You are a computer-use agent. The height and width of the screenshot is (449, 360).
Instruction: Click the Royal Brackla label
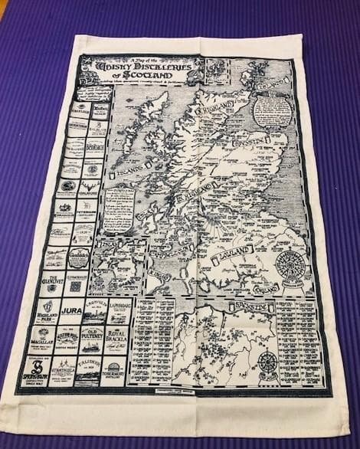coord(119,337)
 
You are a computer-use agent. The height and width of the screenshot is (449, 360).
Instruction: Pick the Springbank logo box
coord(37,371)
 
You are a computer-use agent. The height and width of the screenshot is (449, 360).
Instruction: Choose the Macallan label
coord(42,339)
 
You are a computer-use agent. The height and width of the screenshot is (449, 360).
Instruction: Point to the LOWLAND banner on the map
coord(234,257)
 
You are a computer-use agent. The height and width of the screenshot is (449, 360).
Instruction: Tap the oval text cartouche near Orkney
coord(273,111)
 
